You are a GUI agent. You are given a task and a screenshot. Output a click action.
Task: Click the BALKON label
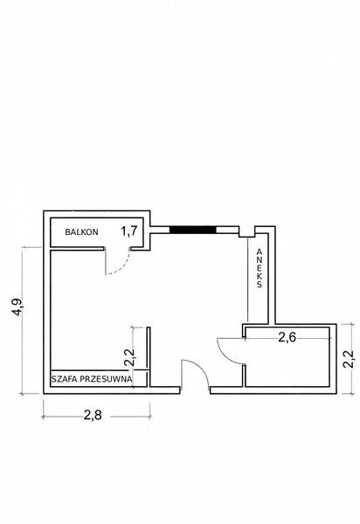coord(81,231)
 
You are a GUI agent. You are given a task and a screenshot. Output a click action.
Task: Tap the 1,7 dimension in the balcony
coord(129,231)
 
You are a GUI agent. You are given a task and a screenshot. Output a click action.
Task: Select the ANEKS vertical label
coord(260,268)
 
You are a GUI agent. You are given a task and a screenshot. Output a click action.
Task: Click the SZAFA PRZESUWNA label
coord(92,379)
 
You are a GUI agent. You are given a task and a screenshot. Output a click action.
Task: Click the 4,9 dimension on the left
coord(17,307)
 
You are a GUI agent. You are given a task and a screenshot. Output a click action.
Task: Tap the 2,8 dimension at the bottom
coord(93,415)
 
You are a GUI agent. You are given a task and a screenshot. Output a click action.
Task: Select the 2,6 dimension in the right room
coord(287,337)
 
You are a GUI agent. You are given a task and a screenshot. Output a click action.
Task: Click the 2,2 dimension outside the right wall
coord(349,359)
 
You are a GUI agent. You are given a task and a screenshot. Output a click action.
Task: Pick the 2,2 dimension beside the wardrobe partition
coord(129,357)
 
